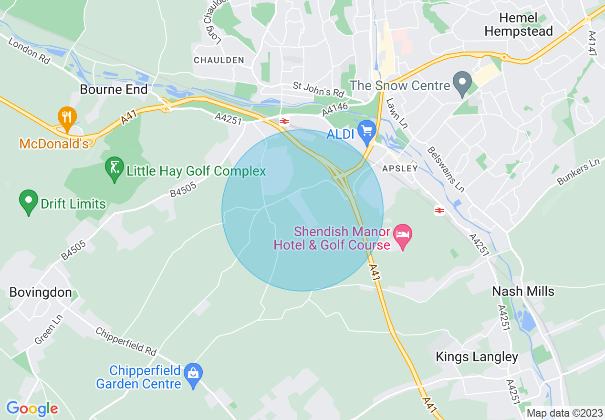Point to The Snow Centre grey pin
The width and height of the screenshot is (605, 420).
point(461,83)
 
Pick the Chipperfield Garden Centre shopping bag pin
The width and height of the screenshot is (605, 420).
point(193,375)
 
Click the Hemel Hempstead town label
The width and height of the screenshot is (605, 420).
point(518,25)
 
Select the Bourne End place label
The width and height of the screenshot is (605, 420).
point(114,89)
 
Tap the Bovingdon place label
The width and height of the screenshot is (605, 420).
point(41,292)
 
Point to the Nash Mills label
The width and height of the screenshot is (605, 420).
point(523,291)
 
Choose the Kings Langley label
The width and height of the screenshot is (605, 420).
point(477,357)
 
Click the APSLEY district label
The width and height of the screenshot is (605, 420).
point(400,168)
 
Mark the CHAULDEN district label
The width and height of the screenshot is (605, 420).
point(219,60)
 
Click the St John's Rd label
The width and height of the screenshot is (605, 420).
point(318,89)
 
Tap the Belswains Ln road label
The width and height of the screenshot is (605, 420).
point(446,169)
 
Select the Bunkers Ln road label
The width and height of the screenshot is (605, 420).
point(578,172)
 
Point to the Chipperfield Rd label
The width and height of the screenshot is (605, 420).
point(126,341)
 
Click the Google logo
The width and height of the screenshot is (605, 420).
point(32,409)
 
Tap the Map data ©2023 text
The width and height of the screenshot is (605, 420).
point(563,413)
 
